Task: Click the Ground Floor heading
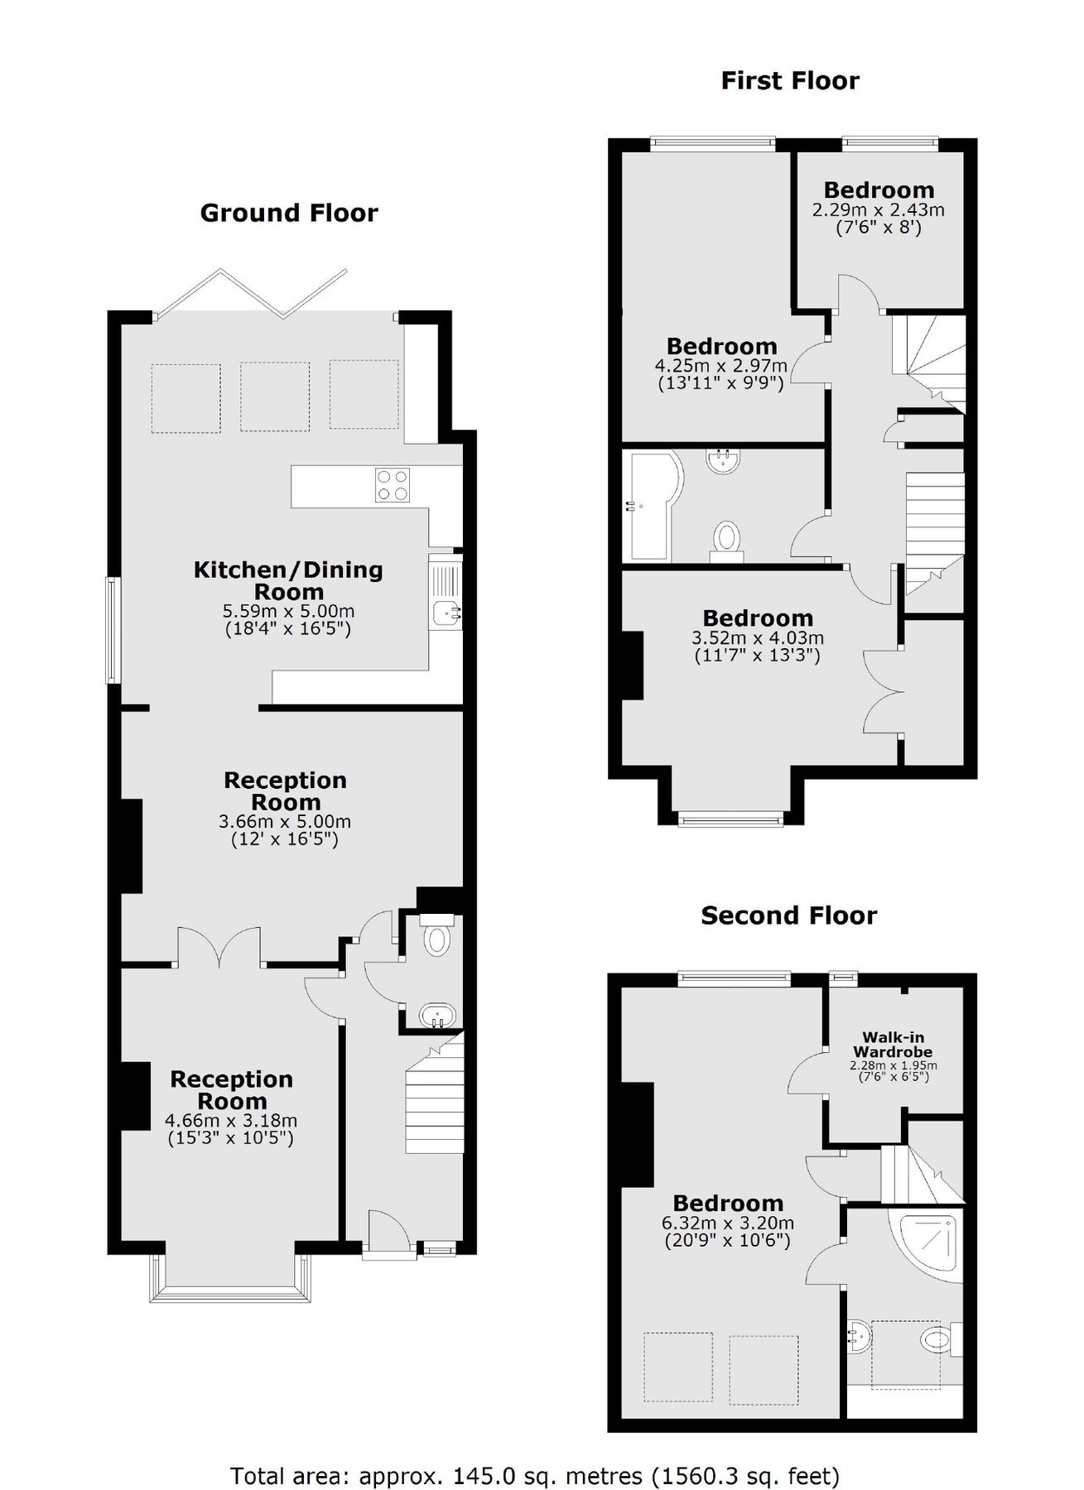[289, 213]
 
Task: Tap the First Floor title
[789, 80]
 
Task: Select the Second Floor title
[788, 915]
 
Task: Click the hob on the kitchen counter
[392, 485]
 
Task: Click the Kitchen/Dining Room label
[288, 580]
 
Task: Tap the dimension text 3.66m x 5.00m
[285, 822]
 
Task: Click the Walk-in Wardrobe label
[893, 1044]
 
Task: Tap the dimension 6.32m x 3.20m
[727, 1223]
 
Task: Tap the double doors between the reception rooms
[219, 948]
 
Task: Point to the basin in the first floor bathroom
[723, 460]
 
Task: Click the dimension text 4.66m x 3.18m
[231, 1121]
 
